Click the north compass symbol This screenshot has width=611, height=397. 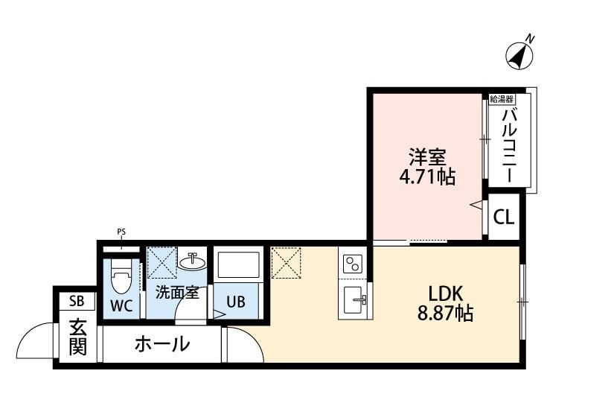tap(519, 55)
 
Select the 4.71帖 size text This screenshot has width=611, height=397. tap(427, 177)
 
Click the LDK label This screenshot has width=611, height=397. tap(446, 293)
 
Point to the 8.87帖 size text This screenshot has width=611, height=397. tap(445, 313)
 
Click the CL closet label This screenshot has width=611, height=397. tap(503, 217)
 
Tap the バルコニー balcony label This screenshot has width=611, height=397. tap(510, 146)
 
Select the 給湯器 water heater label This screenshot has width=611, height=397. tap(502, 99)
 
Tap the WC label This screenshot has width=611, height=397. tap(122, 305)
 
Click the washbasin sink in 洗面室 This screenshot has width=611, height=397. tap(192, 261)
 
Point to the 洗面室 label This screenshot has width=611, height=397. tap(177, 292)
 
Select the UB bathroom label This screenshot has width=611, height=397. tap(236, 302)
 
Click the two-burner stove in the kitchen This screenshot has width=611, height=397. tap(353, 264)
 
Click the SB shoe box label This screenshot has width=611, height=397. tap(77, 301)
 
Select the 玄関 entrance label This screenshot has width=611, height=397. tap(78, 337)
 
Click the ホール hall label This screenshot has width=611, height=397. tap(162, 344)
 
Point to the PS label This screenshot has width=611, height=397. tap(121, 232)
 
